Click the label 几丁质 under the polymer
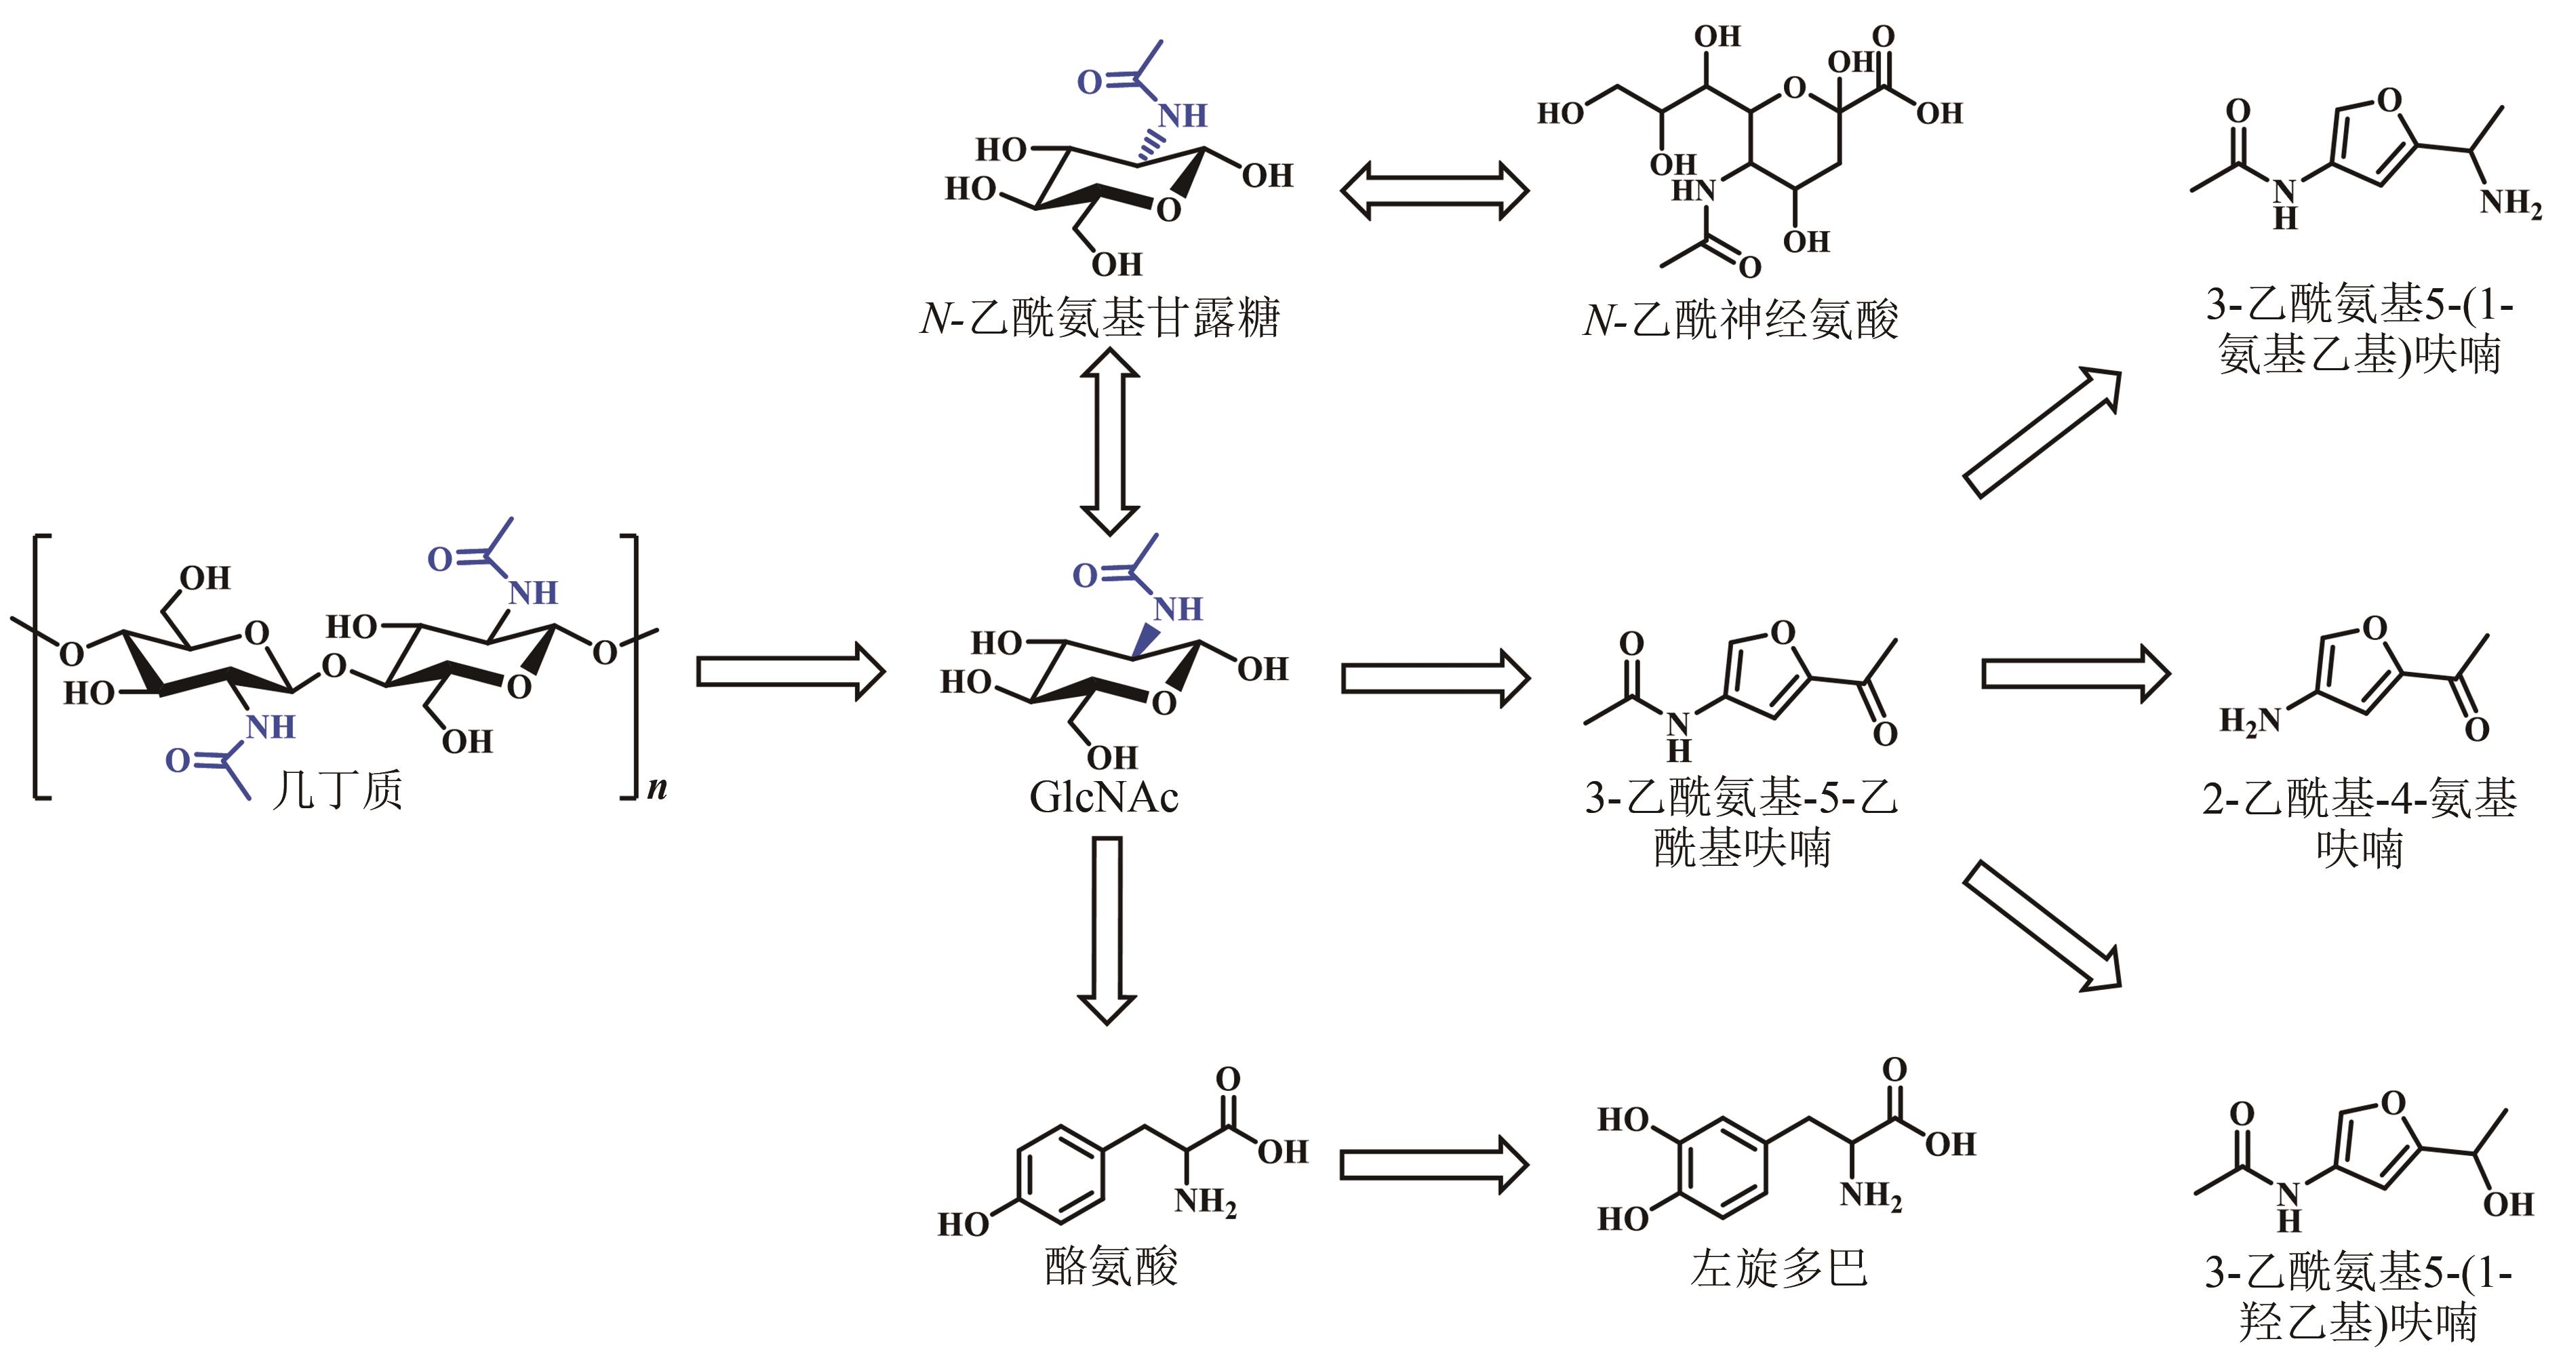(x=337, y=791)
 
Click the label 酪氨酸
(x=1111, y=1267)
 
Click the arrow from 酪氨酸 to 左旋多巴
(x=1433, y=1164)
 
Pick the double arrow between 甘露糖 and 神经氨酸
(x=1434, y=191)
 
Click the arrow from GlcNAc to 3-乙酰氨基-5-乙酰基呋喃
(x=1435, y=679)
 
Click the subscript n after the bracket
(x=656, y=789)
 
